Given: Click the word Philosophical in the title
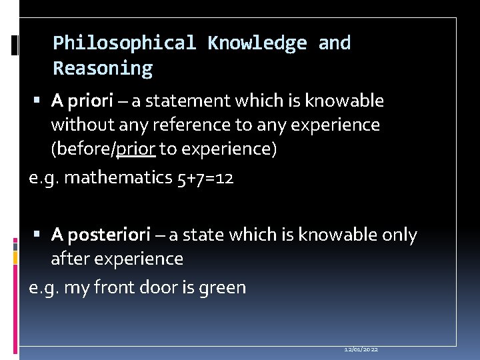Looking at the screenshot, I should click(124, 43).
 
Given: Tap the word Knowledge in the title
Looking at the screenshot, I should click(257, 43).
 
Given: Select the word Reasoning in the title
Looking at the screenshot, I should click(103, 69).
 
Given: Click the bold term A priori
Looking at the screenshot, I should click(83, 101).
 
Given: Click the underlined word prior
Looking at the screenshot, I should click(136, 149).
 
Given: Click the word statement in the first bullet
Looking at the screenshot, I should click(178, 101).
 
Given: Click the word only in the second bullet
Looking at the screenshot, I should click(399, 235).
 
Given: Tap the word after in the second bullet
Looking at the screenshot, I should click(69, 259).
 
